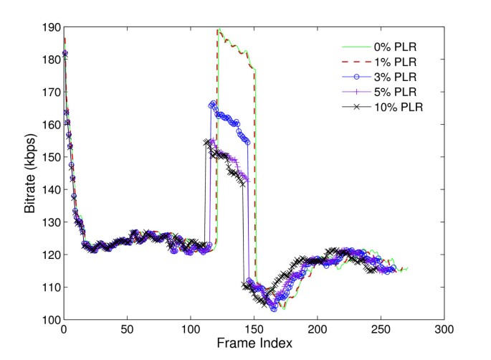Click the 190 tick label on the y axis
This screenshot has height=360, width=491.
[x=50, y=27]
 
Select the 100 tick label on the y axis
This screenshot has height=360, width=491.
[x=50, y=319]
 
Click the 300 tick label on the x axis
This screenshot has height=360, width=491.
[x=444, y=330]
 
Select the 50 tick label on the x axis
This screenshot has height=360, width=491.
[x=127, y=330]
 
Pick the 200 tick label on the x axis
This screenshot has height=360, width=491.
[x=317, y=330]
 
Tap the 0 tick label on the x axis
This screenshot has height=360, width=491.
[x=64, y=330]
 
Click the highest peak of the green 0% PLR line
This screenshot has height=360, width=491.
[x=218, y=29]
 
